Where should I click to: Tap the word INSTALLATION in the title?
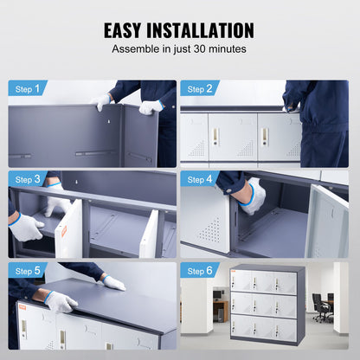(x=208, y=30)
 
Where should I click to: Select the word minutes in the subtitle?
(x=227, y=49)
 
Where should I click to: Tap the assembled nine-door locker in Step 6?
(x=267, y=303)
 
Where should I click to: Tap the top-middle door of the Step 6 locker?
(x=264, y=280)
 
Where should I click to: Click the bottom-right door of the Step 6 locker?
(x=286, y=327)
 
